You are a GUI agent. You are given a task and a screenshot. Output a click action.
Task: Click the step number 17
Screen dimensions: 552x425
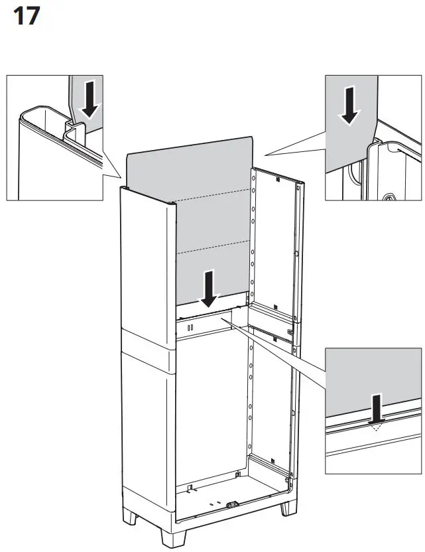pos(27,16)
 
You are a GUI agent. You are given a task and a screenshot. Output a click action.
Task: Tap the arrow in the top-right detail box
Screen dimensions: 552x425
pos(349,105)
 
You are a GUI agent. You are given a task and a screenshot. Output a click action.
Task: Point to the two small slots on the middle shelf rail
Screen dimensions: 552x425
pos(190,326)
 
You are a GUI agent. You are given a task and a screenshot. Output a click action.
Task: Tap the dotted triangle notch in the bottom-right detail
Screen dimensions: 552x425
pos(376,427)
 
